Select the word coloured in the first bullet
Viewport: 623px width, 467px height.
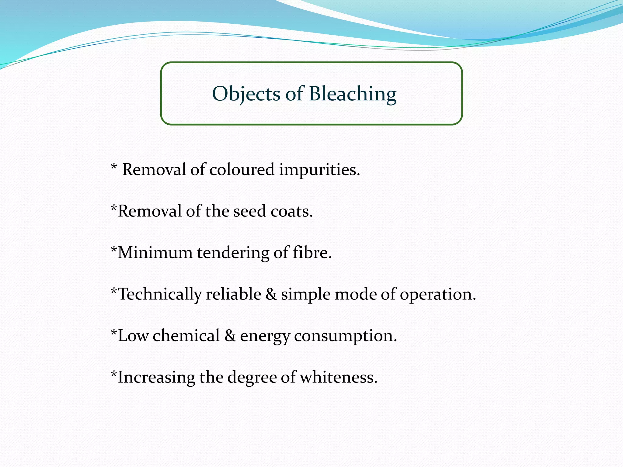(242, 170)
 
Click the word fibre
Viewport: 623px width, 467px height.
(312, 253)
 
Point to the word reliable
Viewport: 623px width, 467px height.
(233, 294)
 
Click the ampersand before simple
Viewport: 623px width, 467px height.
(271, 294)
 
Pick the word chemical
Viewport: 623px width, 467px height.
(186, 336)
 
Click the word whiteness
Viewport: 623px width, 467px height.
(338, 377)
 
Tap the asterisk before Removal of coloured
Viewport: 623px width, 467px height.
(114, 167)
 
